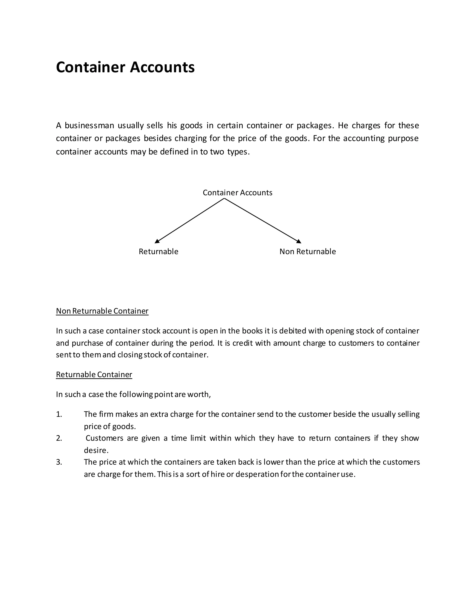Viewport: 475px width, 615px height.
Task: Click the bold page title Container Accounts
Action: point(125,67)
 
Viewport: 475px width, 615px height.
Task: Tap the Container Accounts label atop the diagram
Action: point(237,193)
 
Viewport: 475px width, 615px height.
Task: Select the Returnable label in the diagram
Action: point(158,252)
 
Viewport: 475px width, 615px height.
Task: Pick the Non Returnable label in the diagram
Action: point(308,252)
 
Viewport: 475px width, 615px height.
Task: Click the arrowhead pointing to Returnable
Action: point(157,241)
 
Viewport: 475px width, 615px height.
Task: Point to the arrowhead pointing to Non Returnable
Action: point(299,241)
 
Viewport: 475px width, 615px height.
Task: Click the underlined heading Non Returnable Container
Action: point(102,311)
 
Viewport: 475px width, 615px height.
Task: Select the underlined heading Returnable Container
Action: point(94,375)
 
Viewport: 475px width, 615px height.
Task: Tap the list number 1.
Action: point(59,414)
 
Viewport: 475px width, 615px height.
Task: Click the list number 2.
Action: point(59,438)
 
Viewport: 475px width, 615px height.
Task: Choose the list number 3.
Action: point(59,462)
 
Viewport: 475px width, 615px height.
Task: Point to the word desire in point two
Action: point(96,450)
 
